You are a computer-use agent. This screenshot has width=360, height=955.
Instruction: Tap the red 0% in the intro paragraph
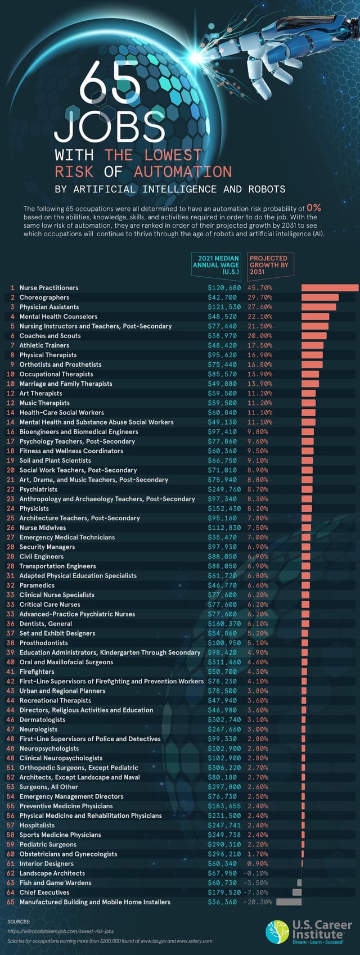pos(314,208)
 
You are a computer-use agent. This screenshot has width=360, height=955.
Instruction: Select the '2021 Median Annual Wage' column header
pos(216,265)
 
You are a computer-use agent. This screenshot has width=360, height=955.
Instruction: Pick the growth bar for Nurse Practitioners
pos(330,288)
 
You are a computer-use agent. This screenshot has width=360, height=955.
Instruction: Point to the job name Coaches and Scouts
pos(50,336)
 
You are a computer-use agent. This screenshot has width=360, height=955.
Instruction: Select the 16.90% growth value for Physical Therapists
pos(260,355)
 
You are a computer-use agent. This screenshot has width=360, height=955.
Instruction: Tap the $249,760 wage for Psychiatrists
pos(224,489)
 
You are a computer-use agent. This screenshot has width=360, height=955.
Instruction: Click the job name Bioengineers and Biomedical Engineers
pos(79,432)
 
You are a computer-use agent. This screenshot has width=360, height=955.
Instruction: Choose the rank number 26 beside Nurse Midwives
pos(10,528)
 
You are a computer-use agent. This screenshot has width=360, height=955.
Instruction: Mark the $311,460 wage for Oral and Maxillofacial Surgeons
pos(224,662)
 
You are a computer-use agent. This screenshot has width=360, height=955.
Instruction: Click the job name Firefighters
pos(37,672)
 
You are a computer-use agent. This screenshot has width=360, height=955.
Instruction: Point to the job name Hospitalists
pos(37,825)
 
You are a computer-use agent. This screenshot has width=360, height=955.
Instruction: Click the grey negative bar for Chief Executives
pos(296,893)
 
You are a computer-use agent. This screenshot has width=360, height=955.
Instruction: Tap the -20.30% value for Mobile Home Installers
pos(258,902)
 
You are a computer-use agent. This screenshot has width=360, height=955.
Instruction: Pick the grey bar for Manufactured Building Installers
pos(289,902)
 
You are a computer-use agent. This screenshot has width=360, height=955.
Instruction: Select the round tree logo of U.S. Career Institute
pos(277,931)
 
